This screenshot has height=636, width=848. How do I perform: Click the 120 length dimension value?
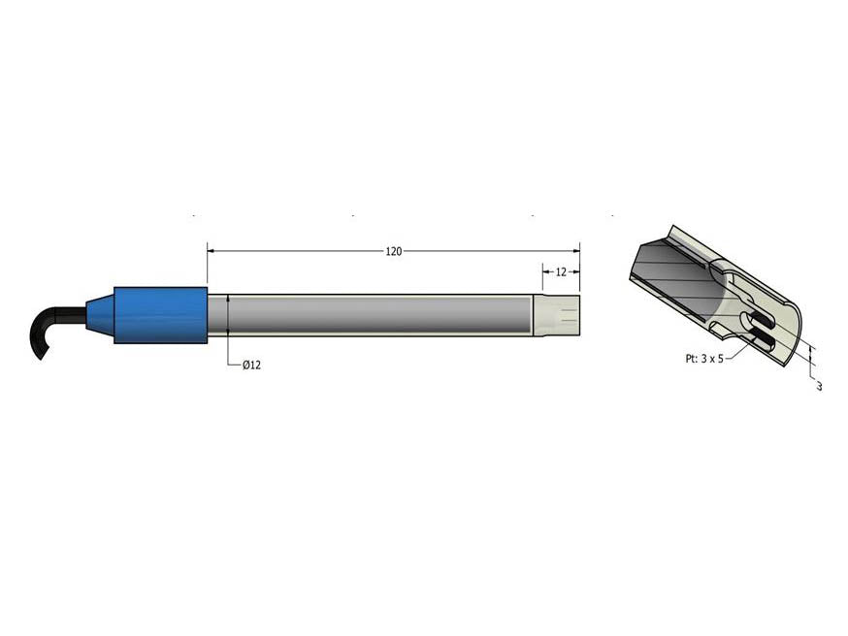393,252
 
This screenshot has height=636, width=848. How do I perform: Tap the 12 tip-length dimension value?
561,272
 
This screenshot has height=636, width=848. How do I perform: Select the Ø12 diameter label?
251,365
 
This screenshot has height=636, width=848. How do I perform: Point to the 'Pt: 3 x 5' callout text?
698,358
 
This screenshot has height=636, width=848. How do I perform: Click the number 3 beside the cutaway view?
819,387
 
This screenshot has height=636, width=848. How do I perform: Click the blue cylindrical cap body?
161,315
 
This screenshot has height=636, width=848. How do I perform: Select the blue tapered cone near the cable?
99,316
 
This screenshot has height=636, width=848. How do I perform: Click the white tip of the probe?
558,316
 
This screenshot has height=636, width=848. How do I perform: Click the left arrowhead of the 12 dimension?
545,272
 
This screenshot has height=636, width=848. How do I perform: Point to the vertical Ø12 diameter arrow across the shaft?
228,316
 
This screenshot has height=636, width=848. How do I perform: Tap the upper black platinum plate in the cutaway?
762,319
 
